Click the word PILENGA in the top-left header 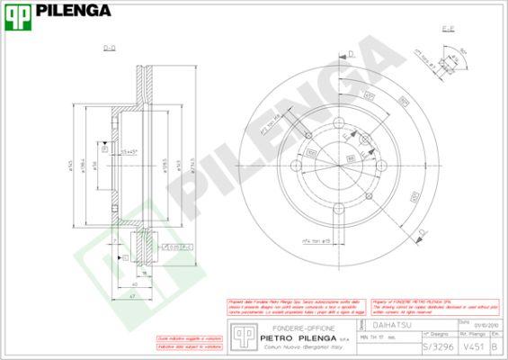[75, 11]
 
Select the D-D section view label [109, 49]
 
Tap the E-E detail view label [447, 31]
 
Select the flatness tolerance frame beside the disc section [173, 244]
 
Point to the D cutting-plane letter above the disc [352, 55]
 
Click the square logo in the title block [240, 336]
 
